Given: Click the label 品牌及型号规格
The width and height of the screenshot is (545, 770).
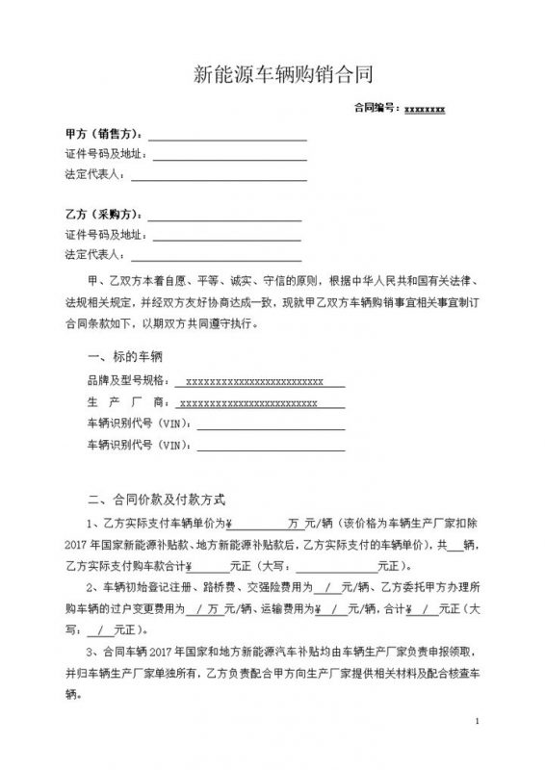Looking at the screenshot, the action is click(x=119, y=381).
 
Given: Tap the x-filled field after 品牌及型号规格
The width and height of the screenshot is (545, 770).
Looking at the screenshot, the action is click(x=252, y=381).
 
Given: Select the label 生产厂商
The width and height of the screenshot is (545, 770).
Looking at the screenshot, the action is click(x=119, y=403).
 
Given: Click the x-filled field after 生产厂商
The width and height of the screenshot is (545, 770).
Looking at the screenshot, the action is click(x=249, y=403).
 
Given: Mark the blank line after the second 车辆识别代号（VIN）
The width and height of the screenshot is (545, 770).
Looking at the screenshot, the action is click(x=269, y=447).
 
